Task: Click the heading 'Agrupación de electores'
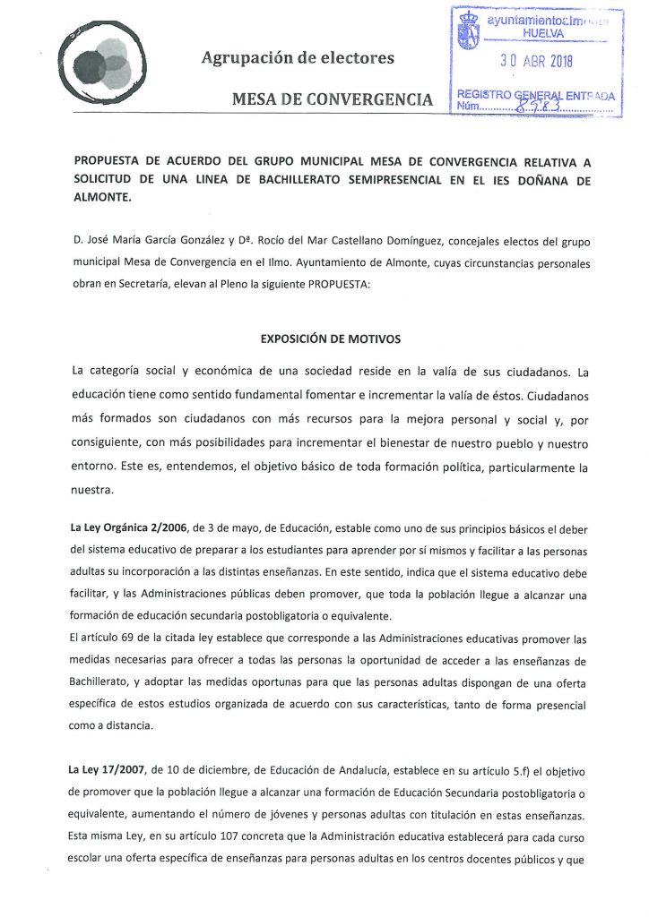tap(298, 58)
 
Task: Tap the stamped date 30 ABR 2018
tap(536, 62)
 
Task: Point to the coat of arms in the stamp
tap(470, 30)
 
